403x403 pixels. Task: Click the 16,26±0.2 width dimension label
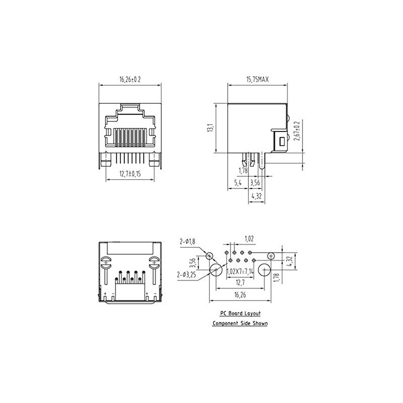[130, 80]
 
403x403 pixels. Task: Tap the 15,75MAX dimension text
[257, 80]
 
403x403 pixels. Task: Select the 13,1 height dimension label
[210, 128]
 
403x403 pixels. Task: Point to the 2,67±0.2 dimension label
[297, 131]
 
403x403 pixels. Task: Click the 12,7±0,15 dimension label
[130, 174]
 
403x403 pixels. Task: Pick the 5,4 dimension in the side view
[238, 183]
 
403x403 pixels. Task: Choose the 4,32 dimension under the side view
[256, 196]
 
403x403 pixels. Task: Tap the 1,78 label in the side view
[243, 170]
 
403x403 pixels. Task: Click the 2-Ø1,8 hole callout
[187, 241]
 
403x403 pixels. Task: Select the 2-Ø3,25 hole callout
[186, 275]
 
